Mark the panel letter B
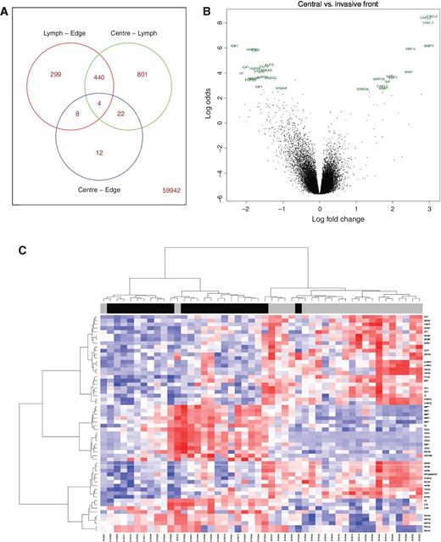click(205, 8)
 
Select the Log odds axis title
click(209, 104)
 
